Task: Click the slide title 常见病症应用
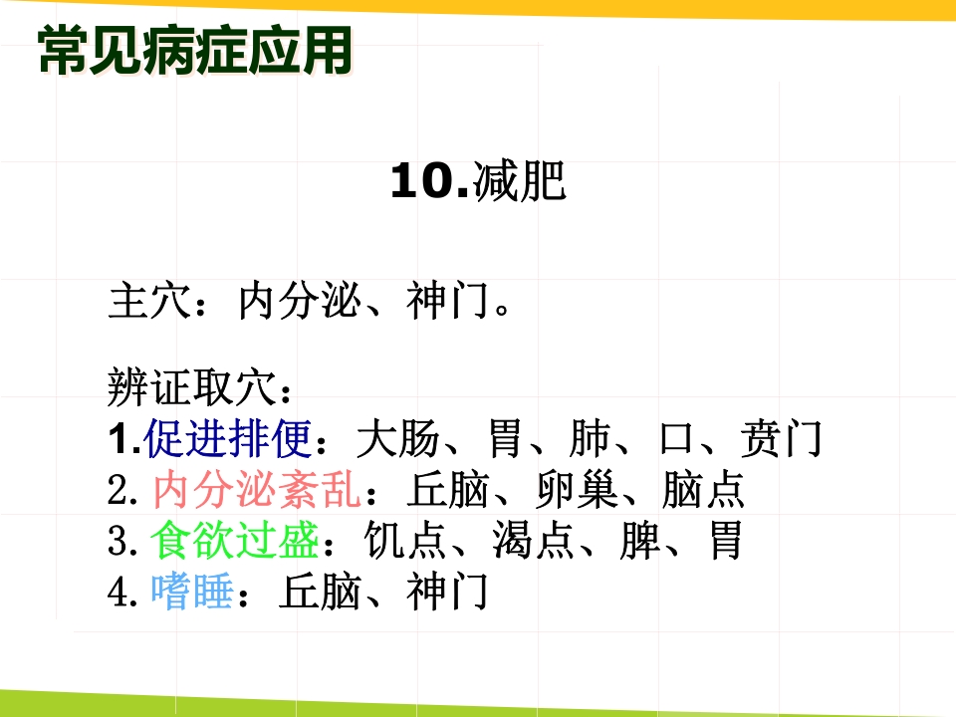(195, 50)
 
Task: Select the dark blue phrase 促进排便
(228, 438)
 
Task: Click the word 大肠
(397, 438)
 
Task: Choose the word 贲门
(782, 438)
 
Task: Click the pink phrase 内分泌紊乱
(259, 490)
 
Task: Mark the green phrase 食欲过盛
(235, 543)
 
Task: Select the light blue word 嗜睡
(192, 594)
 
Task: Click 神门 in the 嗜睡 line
(448, 594)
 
